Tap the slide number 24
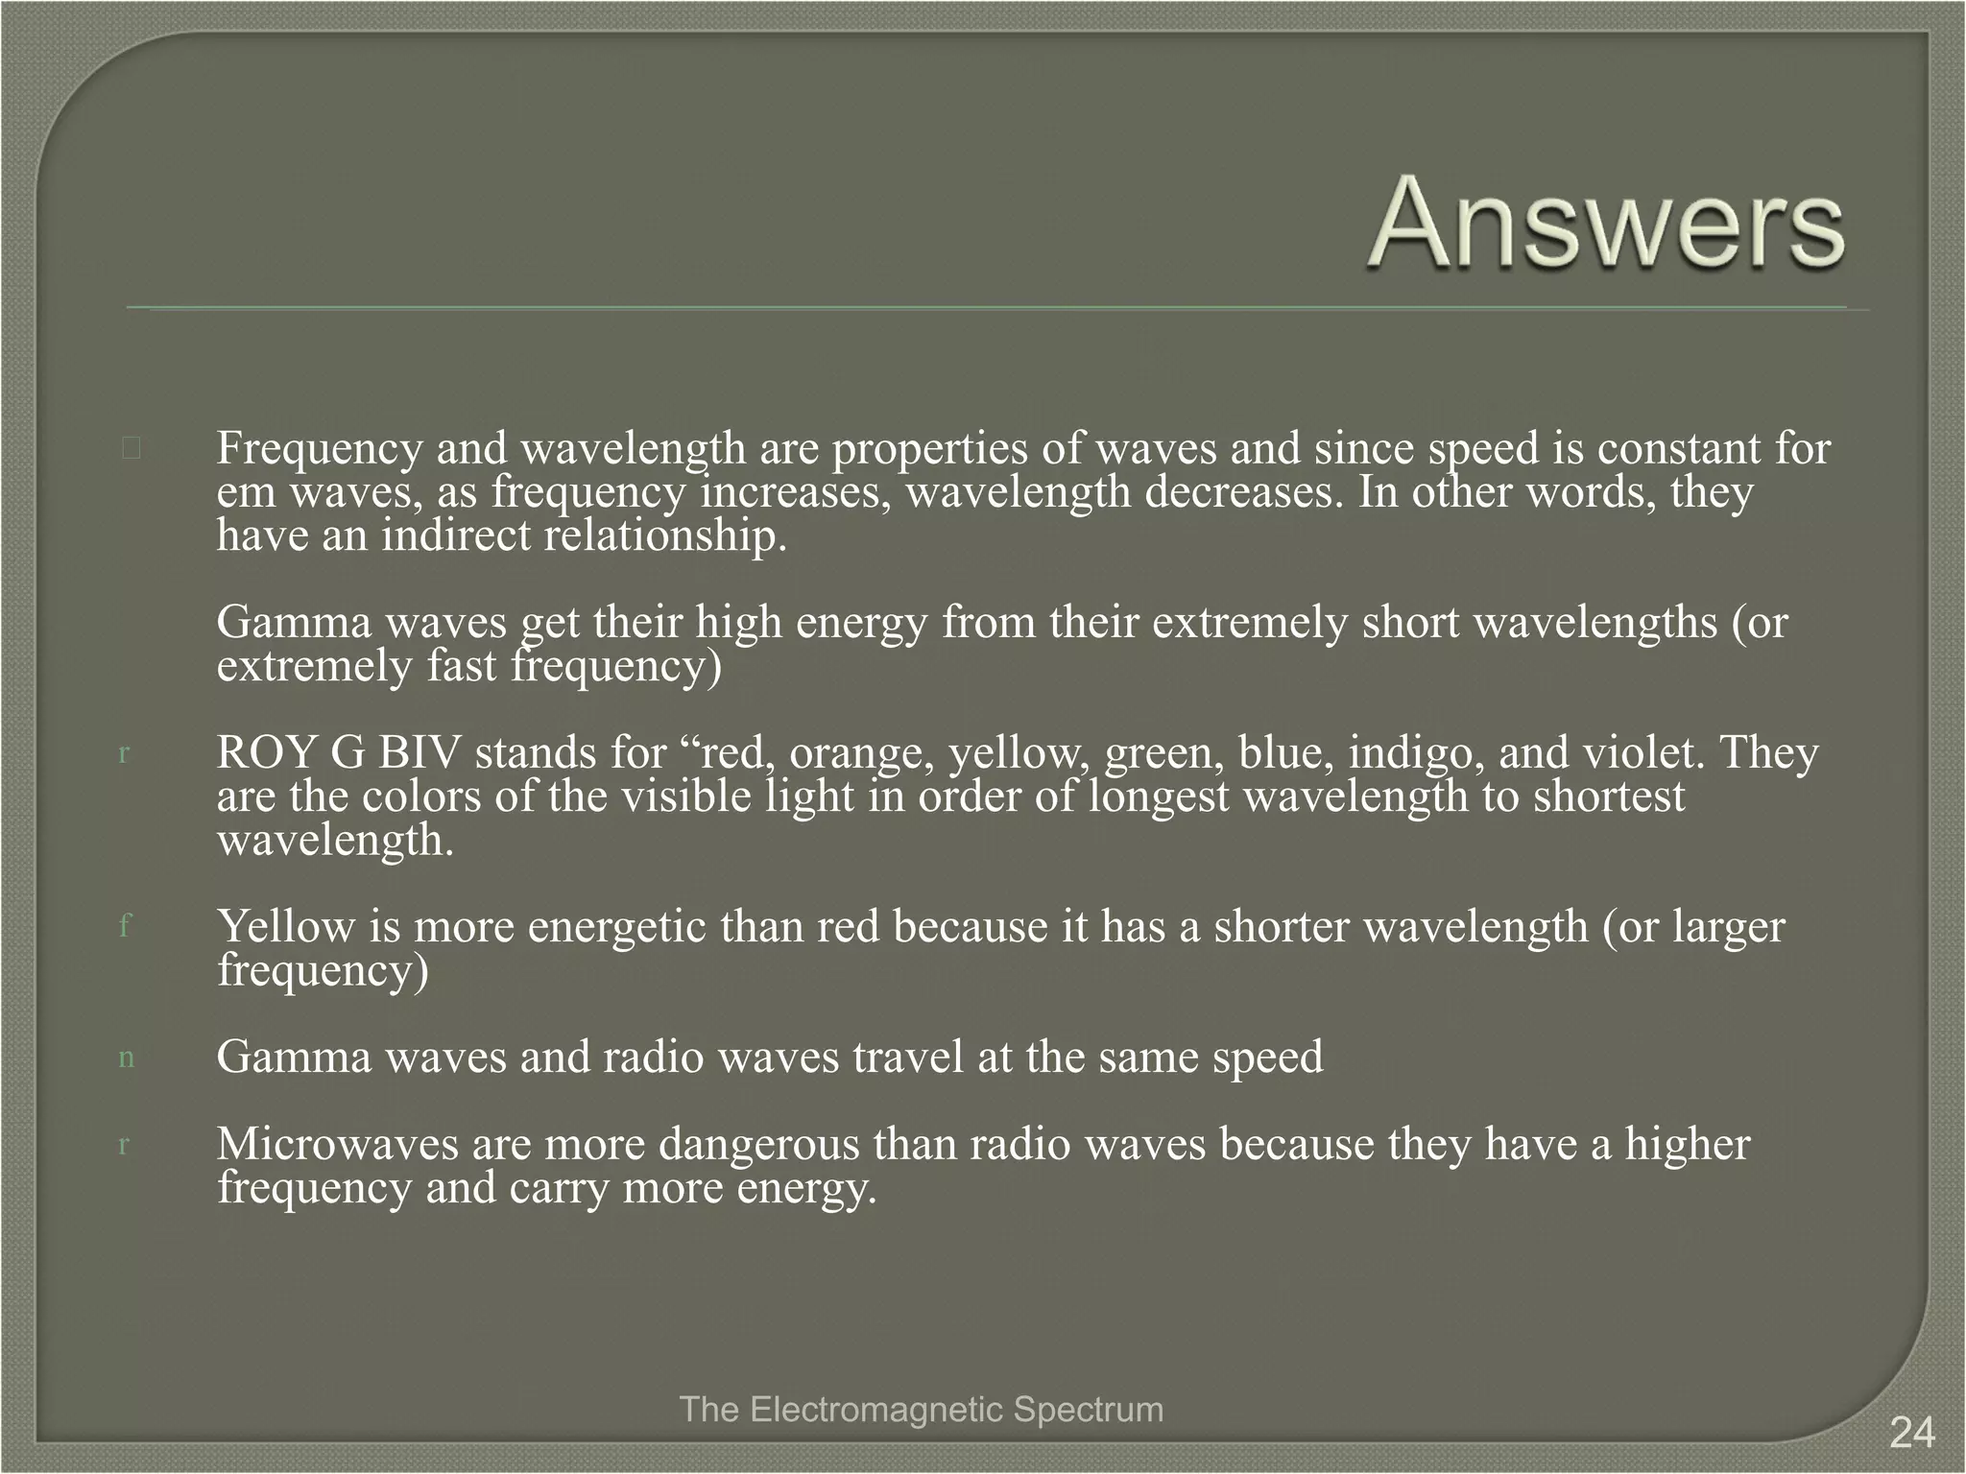tap(1911, 1434)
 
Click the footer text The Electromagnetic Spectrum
tap(921, 1410)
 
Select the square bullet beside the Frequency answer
tap(132, 448)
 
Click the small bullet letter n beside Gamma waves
tap(126, 1058)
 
